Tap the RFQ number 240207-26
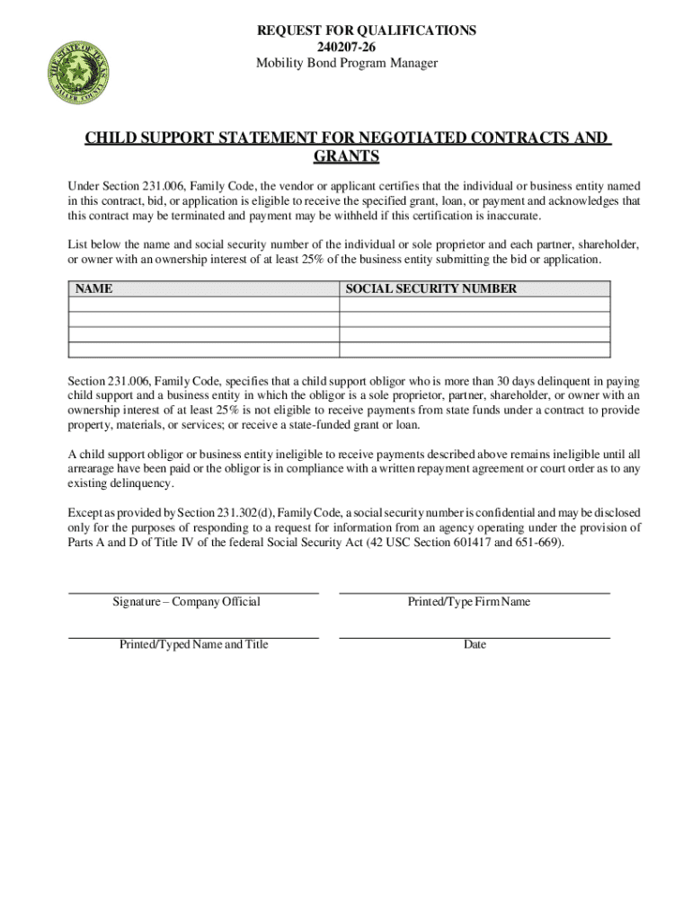(347, 47)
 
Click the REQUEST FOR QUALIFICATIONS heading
(367, 31)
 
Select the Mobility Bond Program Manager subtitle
(347, 63)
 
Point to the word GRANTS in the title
(346, 157)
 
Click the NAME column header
(93, 289)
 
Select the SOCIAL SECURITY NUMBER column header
(431, 289)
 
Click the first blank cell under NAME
(204, 305)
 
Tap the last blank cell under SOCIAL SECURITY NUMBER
(475, 350)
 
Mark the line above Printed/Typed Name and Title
(194, 636)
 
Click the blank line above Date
(475, 636)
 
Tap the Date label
(475, 645)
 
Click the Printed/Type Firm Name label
(469, 602)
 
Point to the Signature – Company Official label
(186, 602)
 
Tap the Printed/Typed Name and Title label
(194, 645)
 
